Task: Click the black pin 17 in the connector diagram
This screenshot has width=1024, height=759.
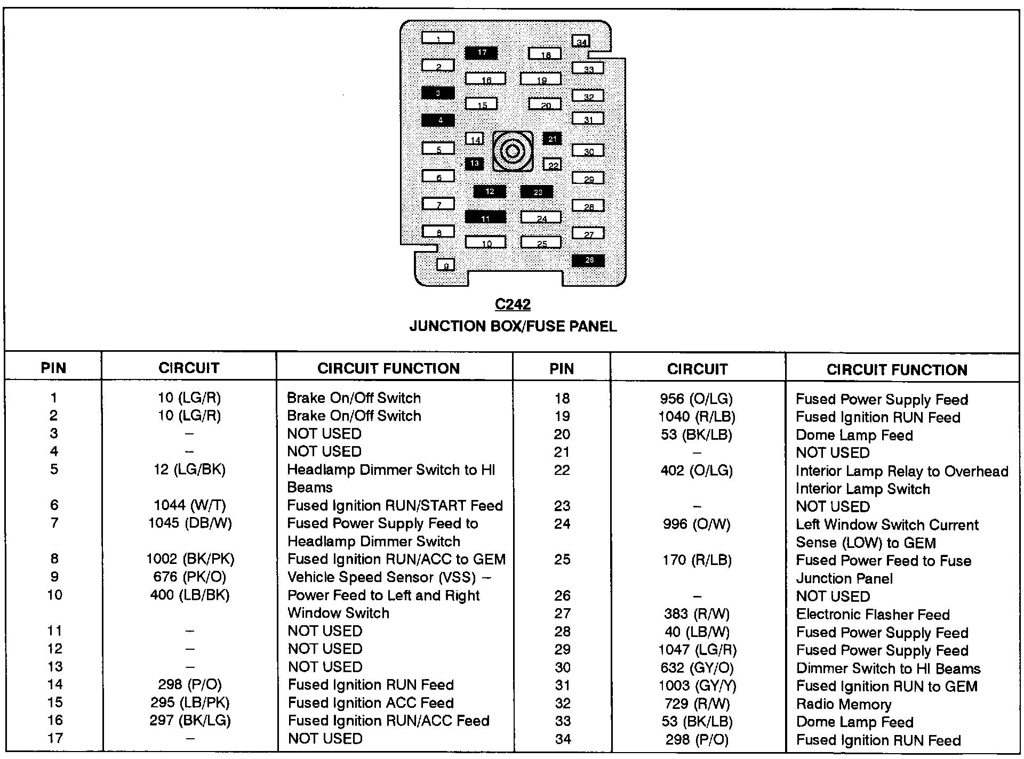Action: (x=481, y=53)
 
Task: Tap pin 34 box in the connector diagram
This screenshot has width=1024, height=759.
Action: (x=581, y=41)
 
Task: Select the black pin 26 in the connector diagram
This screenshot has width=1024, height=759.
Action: (x=588, y=260)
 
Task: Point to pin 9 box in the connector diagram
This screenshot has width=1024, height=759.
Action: (x=446, y=264)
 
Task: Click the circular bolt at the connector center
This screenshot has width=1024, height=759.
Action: (x=513, y=151)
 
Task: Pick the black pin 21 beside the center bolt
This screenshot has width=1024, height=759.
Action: (x=552, y=139)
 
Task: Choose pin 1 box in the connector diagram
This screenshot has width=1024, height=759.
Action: (x=438, y=38)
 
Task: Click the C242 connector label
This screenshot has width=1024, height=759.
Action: (x=513, y=304)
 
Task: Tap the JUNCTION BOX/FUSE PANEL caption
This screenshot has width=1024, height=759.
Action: (x=513, y=326)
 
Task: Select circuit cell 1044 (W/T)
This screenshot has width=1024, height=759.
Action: (x=189, y=505)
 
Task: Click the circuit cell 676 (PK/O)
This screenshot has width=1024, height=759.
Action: (x=189, y=577)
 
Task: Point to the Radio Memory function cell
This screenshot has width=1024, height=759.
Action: (x=843, y=704)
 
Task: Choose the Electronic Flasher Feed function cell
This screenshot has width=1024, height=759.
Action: (x=873, y=615)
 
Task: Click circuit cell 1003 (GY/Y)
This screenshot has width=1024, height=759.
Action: (x=697, y=686)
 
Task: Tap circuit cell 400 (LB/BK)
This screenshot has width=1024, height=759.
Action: (x=189, y=595)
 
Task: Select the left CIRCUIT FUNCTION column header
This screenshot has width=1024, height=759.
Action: (x=388, y=368)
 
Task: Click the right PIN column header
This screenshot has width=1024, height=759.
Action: (x=562, y=368)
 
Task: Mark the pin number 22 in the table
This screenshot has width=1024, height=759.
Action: (x=562, y=470)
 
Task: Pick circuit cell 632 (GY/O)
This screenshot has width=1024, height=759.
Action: (x=697, y=668)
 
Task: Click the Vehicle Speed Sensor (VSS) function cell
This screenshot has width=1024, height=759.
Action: (x=389, y=577)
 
